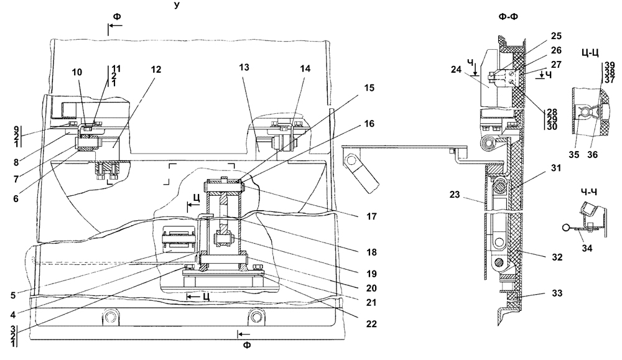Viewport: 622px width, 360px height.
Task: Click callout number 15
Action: click(369, 88)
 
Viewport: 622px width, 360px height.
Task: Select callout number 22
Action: click(371, 323)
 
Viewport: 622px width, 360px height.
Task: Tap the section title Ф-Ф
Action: click(509, 17)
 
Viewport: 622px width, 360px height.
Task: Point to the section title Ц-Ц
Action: click(589, 53)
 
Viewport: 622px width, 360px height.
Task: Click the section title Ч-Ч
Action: click(588, 192)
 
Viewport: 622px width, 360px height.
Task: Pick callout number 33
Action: click(557, 293)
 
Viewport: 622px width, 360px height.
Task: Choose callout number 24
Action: click(456, 70)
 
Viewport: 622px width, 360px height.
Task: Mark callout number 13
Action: click(244, 67)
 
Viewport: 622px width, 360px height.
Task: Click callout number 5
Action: click(13, 295)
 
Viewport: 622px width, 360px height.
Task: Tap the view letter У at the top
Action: click(177, 5)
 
